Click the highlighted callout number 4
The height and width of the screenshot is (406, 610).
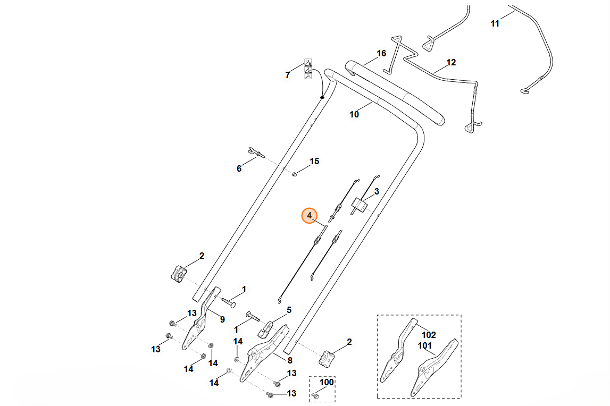tap(310, 215)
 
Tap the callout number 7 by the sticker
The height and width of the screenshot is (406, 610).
tap(288, 75)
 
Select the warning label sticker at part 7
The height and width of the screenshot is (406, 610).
tap(308, 69)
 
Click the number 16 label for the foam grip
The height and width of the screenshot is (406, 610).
tap(381, 53)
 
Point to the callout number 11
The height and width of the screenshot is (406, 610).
tap(495, 24)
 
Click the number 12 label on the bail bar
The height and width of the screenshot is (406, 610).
tap(451, 62)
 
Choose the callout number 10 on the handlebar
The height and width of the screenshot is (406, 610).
tap(354, 114)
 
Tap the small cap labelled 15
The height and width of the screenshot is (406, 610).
tap(295, 174)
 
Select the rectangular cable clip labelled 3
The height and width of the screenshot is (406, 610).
tap(360, 206)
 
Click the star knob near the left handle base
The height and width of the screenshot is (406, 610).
tap(179, 274)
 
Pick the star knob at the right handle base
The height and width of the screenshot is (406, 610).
tap(327, 358)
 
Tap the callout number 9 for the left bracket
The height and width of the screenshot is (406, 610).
tap(222, 320)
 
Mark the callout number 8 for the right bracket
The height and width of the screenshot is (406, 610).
tap(290, 360)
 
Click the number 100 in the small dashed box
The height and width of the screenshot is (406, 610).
tap(327, 382)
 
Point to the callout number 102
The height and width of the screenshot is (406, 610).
tap(429, 335)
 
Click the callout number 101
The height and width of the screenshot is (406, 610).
tap(425, 345)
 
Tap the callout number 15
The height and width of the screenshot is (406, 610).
tap(314, 162)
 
